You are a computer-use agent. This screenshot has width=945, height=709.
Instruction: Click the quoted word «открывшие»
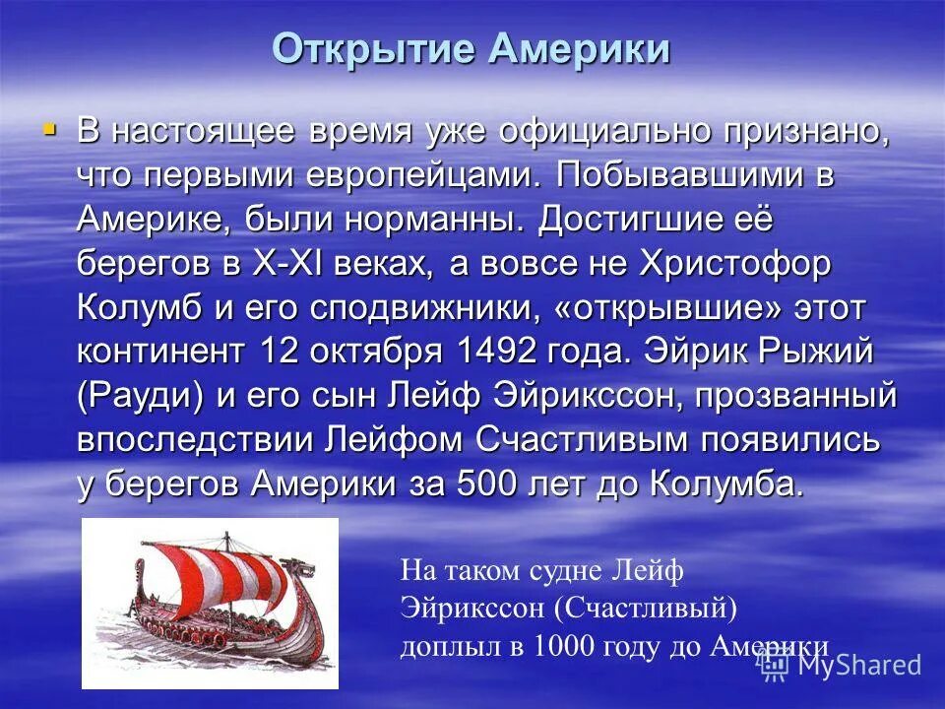[668, 307]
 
